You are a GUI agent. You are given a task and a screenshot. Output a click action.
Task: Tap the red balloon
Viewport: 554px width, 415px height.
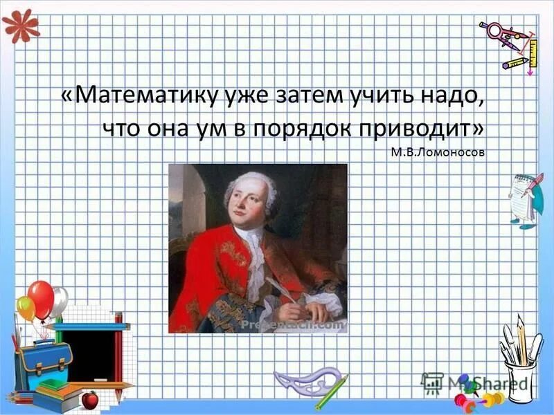point(41,297)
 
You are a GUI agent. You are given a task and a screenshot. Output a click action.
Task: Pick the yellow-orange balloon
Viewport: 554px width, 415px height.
point(26,308)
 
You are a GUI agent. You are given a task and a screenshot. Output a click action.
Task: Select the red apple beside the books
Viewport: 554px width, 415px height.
point(89,399)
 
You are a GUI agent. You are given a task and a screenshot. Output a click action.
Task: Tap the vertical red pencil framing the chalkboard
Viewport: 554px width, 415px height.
point(118,353)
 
